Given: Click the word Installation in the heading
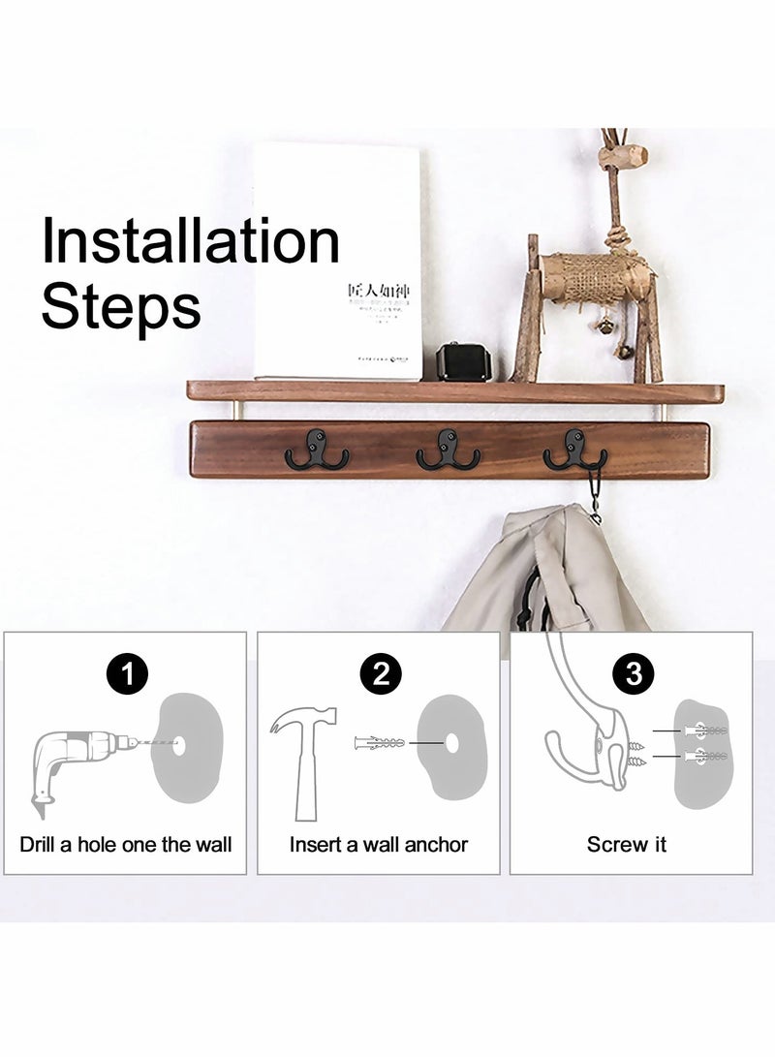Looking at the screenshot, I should (x=190, y=242).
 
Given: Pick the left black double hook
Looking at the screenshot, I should (x=317, y=450).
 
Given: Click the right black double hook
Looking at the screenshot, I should (x=574, y=450).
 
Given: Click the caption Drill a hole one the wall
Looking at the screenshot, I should (x=126, y=844).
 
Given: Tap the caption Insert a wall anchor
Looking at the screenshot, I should (x=379, y=844).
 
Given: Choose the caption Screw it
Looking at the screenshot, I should (x=627, y=844).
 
